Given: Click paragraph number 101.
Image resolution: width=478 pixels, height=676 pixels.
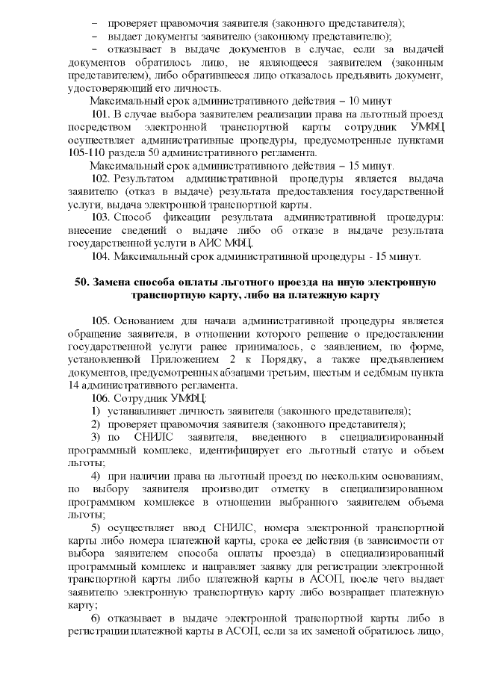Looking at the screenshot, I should click(x=101, y=114).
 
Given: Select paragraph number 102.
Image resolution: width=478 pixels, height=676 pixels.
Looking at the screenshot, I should click(x=101, y=179).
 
